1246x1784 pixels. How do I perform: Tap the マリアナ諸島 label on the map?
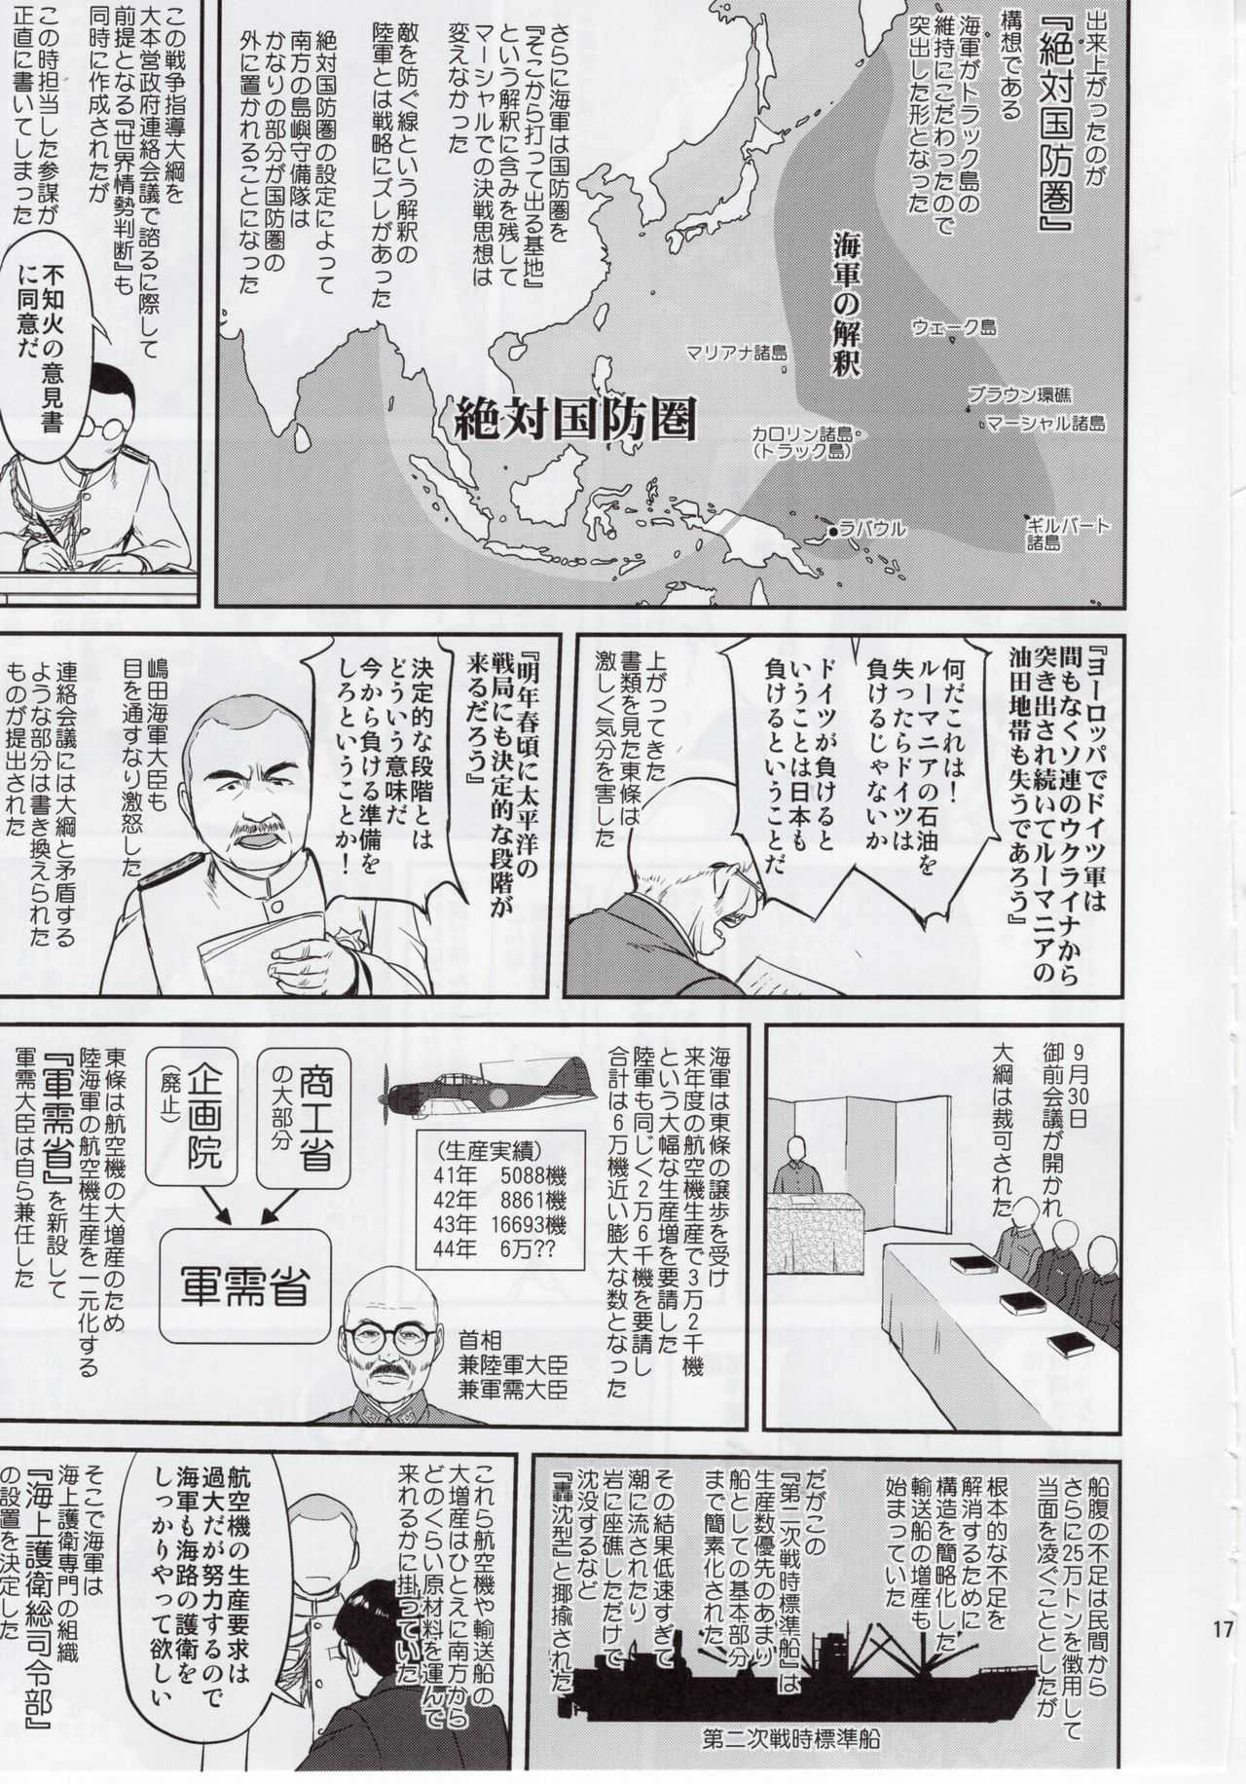[x=735, y=353]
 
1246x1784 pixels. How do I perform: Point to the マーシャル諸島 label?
[x=1045, y=424]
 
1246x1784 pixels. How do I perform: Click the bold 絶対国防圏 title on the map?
[x=576, y=420]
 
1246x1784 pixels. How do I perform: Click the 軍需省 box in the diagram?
[x=244, y=1282]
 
